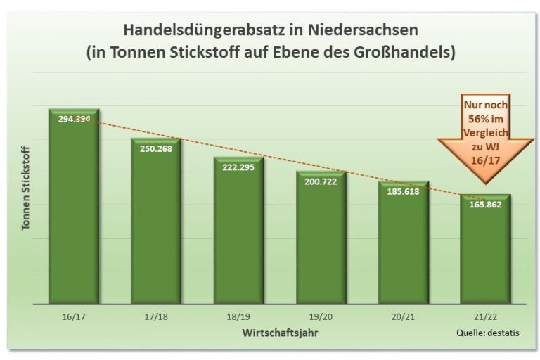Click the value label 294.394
(74, 120)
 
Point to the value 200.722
(321, 182)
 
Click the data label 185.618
(403, 191)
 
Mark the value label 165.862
(485, 205)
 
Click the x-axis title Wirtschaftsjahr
(279, 331)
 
